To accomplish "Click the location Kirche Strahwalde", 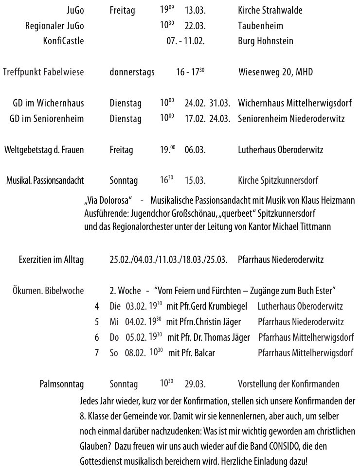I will (270, 11).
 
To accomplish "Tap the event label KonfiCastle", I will (63, 41).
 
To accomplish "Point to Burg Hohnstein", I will (265, 41).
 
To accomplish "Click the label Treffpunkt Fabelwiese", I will (43, 72).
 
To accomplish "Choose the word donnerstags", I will (132, 72).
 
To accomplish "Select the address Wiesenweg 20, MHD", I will (275, 72).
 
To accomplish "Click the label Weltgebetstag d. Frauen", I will (44, 150).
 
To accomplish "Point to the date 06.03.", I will (195, 150).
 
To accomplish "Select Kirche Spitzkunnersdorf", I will (278, 181).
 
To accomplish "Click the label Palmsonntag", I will (62, 384).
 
